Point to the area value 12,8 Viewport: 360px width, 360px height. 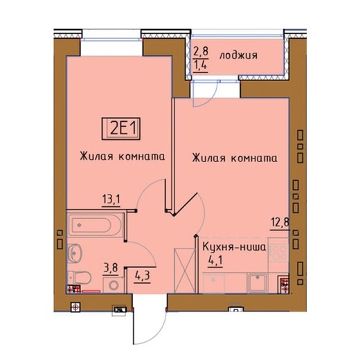coord(279,223)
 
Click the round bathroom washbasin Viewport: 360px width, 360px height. coord(74,251)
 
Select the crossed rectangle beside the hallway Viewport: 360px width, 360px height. coord(183,268)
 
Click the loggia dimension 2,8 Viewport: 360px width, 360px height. coord(200,51)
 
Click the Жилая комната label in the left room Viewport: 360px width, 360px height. coord(122,156)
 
